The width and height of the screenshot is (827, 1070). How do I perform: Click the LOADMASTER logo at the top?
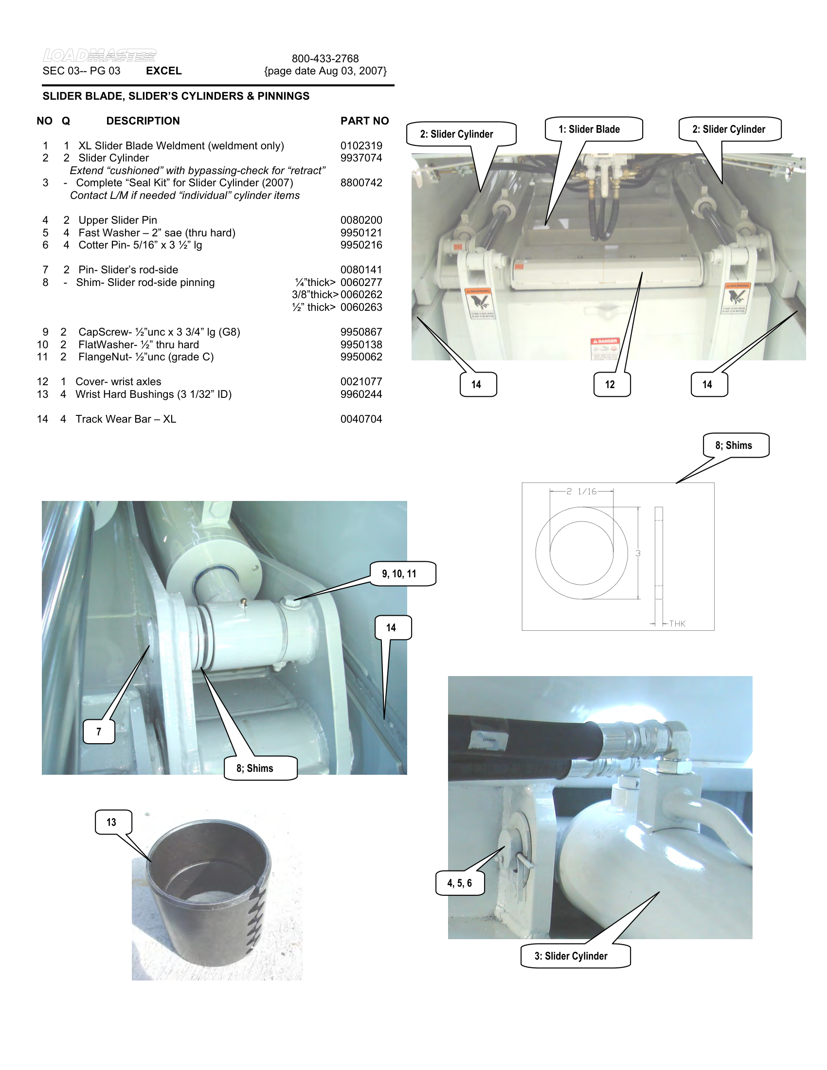99,55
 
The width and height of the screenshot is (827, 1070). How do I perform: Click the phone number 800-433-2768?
325,59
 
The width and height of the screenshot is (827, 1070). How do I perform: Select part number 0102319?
361,146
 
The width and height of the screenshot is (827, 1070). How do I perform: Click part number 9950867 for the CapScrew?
361,332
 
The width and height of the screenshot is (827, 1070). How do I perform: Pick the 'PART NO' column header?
364,121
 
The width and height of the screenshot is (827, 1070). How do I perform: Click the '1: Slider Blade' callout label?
589,129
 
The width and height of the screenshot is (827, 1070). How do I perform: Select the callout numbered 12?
610,385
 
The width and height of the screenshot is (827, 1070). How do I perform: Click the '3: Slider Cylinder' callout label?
571,956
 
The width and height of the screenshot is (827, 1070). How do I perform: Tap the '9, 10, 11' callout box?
399,574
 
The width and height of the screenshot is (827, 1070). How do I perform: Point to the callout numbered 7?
99,731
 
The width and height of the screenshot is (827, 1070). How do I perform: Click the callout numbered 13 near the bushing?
111,822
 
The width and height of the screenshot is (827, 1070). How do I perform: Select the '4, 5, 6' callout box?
460,883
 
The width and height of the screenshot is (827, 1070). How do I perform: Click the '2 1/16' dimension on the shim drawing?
581,491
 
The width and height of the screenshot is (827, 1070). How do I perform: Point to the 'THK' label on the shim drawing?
677,624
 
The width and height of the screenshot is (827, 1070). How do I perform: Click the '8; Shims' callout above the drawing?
734,446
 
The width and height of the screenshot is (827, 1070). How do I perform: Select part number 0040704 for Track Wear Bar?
361,419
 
